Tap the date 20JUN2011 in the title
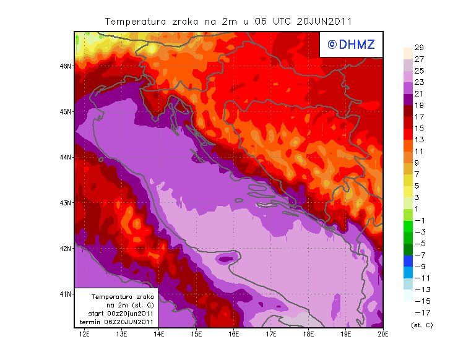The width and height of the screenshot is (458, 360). point(324,21)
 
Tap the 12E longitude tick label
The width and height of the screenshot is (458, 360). point(84,335)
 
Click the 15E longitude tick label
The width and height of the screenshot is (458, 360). point(196,335)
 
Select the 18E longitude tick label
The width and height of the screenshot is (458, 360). point(308,335)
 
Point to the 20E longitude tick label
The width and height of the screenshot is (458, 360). point(383,335)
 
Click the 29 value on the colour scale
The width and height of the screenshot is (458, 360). point(419,48)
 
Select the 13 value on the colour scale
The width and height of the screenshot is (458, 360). point(419,140)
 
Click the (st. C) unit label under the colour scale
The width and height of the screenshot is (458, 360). point(421,325)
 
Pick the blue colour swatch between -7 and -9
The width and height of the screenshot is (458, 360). point(407,260)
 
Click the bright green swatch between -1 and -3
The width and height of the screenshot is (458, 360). point(407,226)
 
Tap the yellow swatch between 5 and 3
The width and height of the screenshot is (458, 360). point(407,191)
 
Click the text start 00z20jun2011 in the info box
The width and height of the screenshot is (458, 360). point(121,314)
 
